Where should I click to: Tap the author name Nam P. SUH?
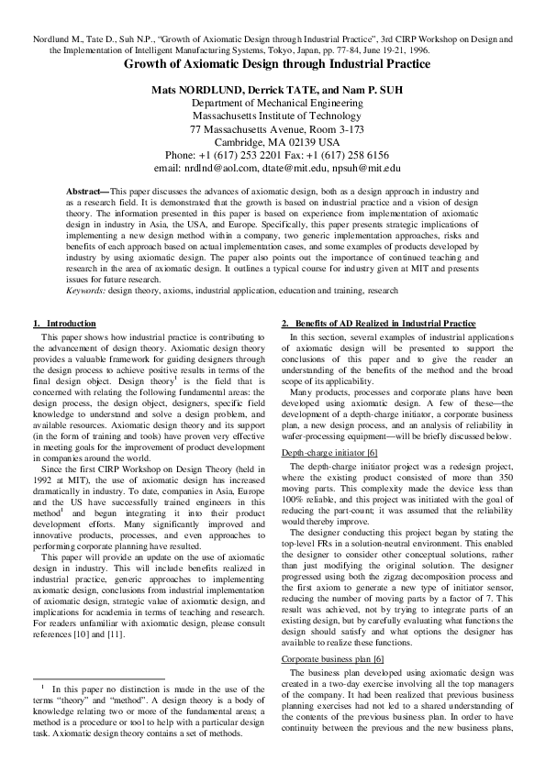tap(366, 91)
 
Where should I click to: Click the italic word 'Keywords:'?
tap(85, 290)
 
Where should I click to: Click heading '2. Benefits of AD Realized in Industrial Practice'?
tap(378, 325)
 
